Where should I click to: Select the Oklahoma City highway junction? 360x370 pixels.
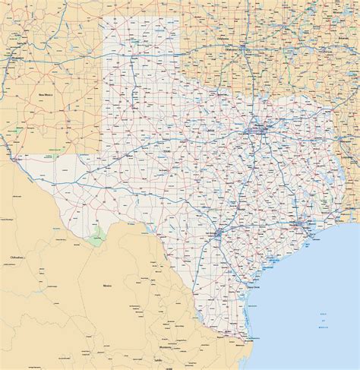(x=242, y=48)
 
